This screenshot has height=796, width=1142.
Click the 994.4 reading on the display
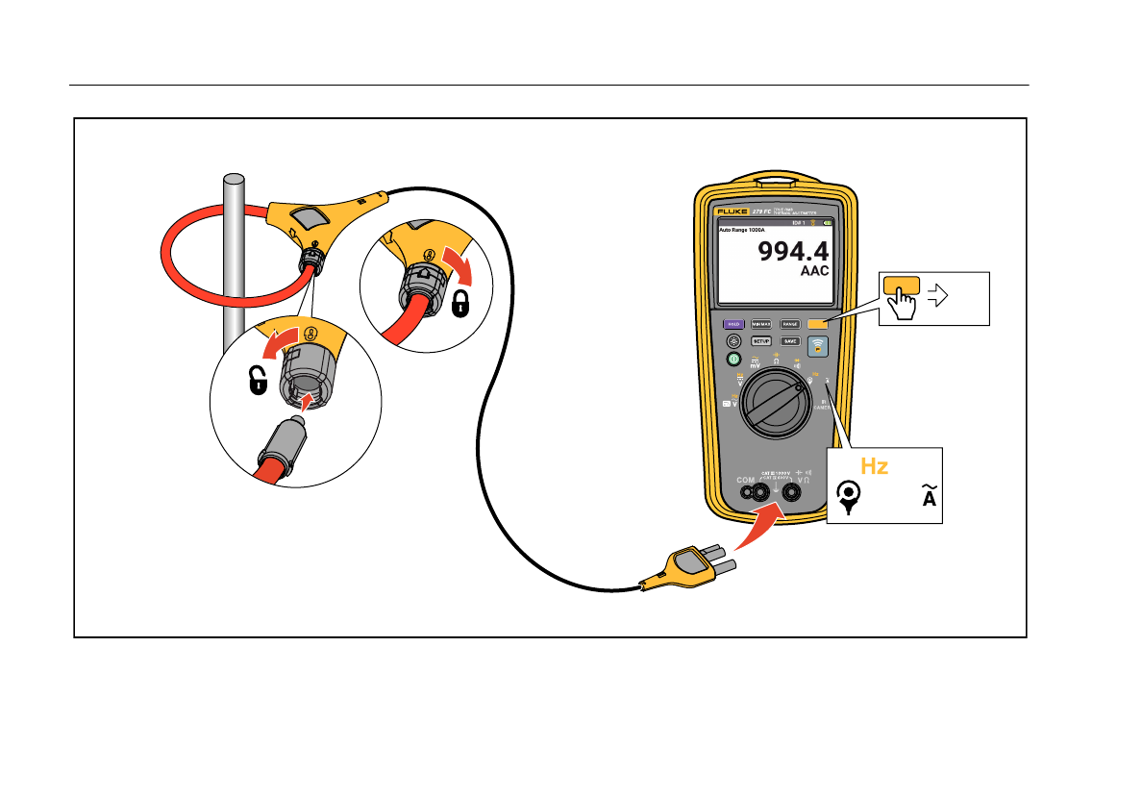(793, 252)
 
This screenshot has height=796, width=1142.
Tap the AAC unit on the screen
(814, 272)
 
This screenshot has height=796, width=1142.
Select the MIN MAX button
(761, 325)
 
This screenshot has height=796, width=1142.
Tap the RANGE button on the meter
(790, 325)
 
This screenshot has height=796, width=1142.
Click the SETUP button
(761, 341)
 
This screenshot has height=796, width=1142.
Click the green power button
(732, 359)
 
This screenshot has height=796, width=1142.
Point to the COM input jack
(746, 493)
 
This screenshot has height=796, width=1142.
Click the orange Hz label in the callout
(874, 466)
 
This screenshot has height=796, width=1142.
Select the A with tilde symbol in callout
(929, 498)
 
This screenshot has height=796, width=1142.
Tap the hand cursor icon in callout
(901, 305)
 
